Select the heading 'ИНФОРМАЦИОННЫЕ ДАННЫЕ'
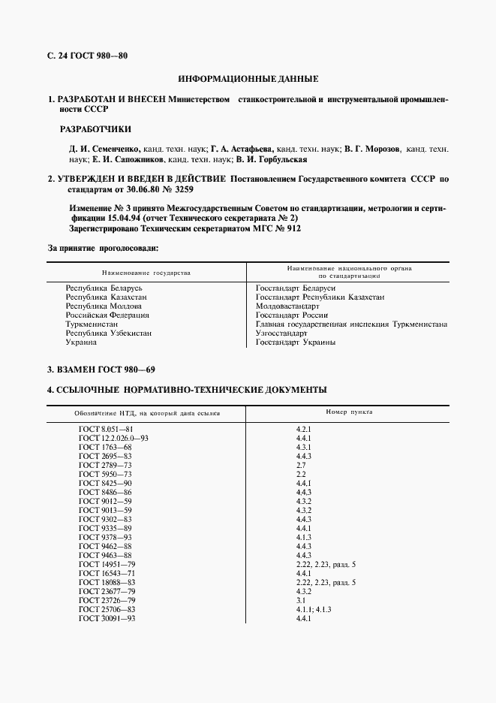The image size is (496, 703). (248, 79)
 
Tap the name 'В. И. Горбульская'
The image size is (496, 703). (271, 159)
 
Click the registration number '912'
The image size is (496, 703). (289, 228)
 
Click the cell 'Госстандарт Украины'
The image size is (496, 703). (295, 342)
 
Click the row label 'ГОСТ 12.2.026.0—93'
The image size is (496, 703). (113, 437)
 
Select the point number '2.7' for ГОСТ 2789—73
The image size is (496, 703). (301, 464)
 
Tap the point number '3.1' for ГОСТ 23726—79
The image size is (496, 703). (301, 599)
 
